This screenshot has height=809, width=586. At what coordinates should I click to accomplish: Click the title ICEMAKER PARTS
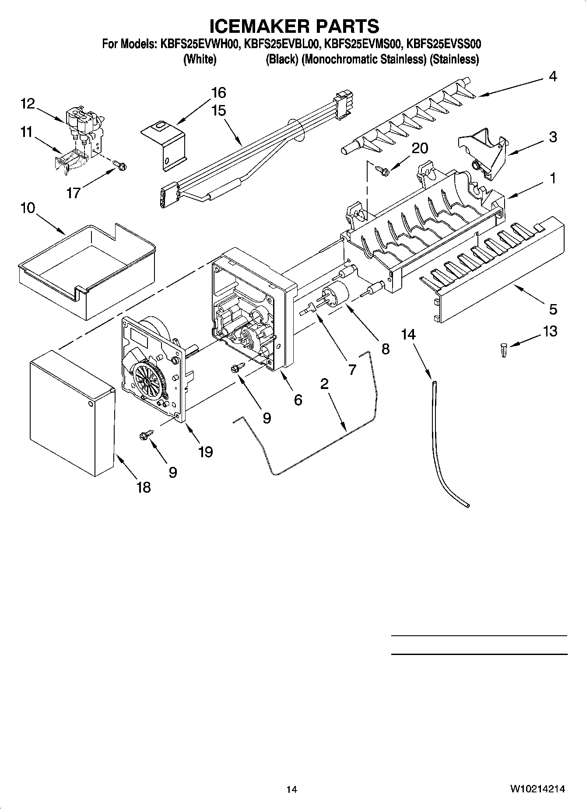(x=294, y=26)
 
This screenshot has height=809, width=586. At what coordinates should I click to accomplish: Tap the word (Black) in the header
(x=282, y=59)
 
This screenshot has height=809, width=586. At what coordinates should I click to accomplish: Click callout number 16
(x=219, y=93)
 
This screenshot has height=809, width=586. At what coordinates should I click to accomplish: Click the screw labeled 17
(x=119, y=165)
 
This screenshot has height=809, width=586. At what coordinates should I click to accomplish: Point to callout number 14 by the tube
(x=408, y=334)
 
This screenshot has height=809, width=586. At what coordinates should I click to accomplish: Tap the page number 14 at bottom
(x=292, y=789)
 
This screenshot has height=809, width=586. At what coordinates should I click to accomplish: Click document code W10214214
(x=537, y=789)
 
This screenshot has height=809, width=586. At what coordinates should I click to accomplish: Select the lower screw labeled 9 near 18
(x=145, y=435)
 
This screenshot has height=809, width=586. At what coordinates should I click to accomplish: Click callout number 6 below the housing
(x=298, y=399)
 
